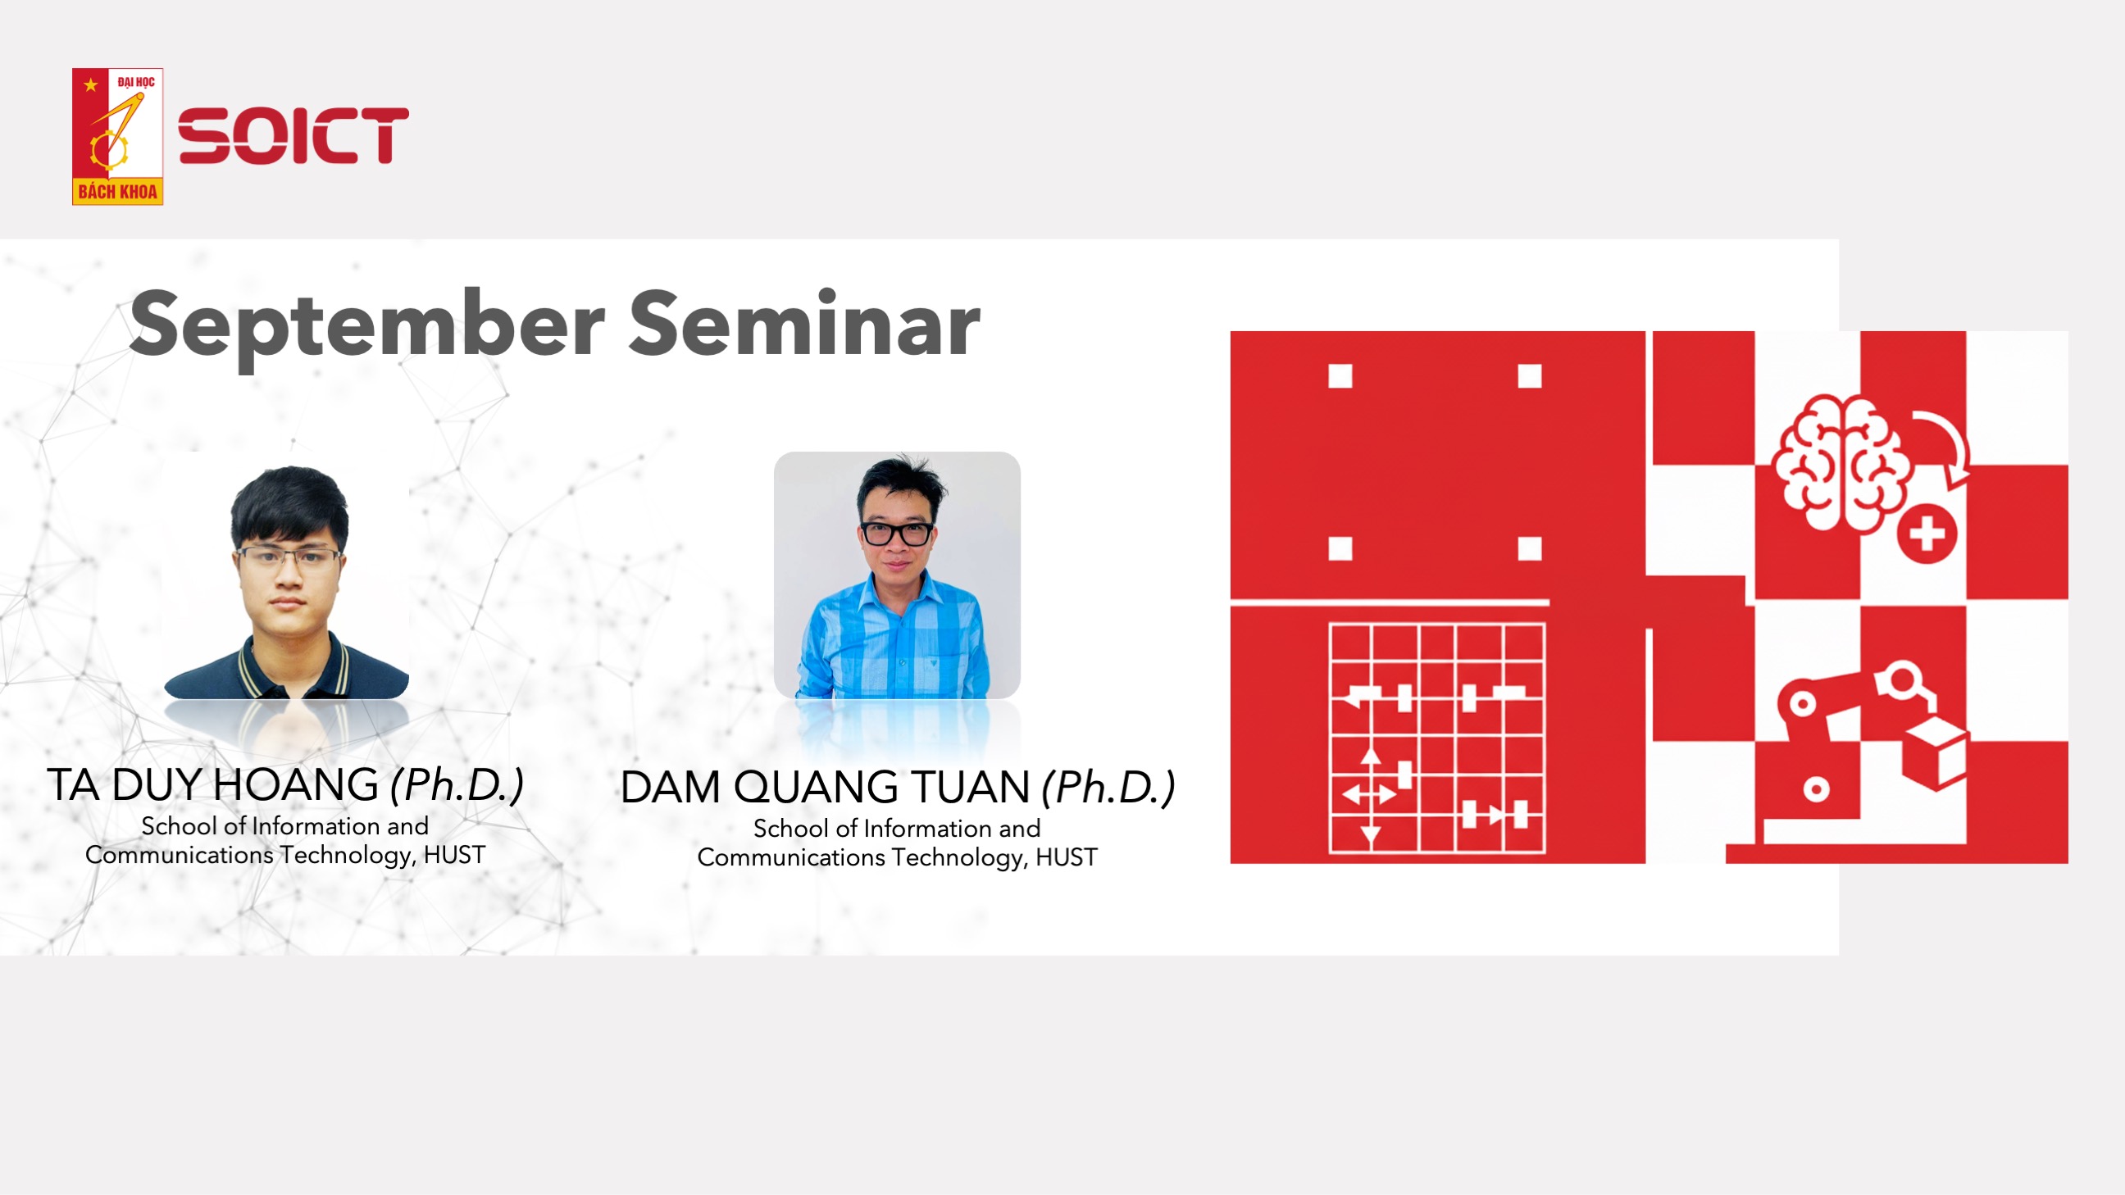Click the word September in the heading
click(367, 325)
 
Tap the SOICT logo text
click(293, 135)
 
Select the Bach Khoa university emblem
click(117, 136)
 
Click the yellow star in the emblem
click(91, 84)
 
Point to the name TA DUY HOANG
click(213, 784)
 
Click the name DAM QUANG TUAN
click(825, 787)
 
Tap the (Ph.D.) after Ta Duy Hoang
click(457, 784)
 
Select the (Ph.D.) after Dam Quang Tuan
click(1108, 787)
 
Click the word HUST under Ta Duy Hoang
click(454, 854)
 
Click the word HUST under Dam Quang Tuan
click(1067, 856)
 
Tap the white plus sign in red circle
click(1927, 534)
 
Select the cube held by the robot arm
click(1936, 752)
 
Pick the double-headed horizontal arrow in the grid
click(1369, 794)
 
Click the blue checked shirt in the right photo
click(895, 635)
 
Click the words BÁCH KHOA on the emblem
click(117, 192)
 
